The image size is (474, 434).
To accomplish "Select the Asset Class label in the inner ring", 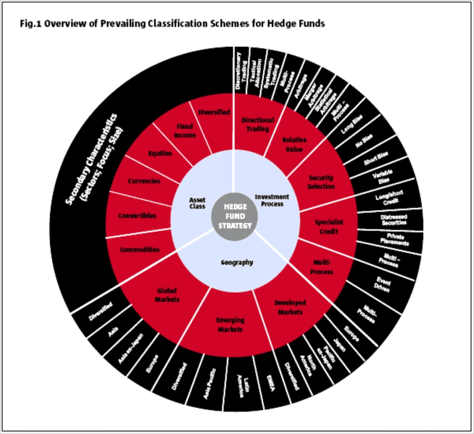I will coord(197,203).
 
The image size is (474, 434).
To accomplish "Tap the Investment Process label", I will coord(269,200).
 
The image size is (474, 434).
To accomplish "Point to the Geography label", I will coord(237,262).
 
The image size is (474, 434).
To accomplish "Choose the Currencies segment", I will coord(144,181).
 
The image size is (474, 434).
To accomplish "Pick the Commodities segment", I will coord(139,249).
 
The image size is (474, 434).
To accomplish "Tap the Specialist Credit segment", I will coord(329,226).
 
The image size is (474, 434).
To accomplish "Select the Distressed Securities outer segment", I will coord(393,219).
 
